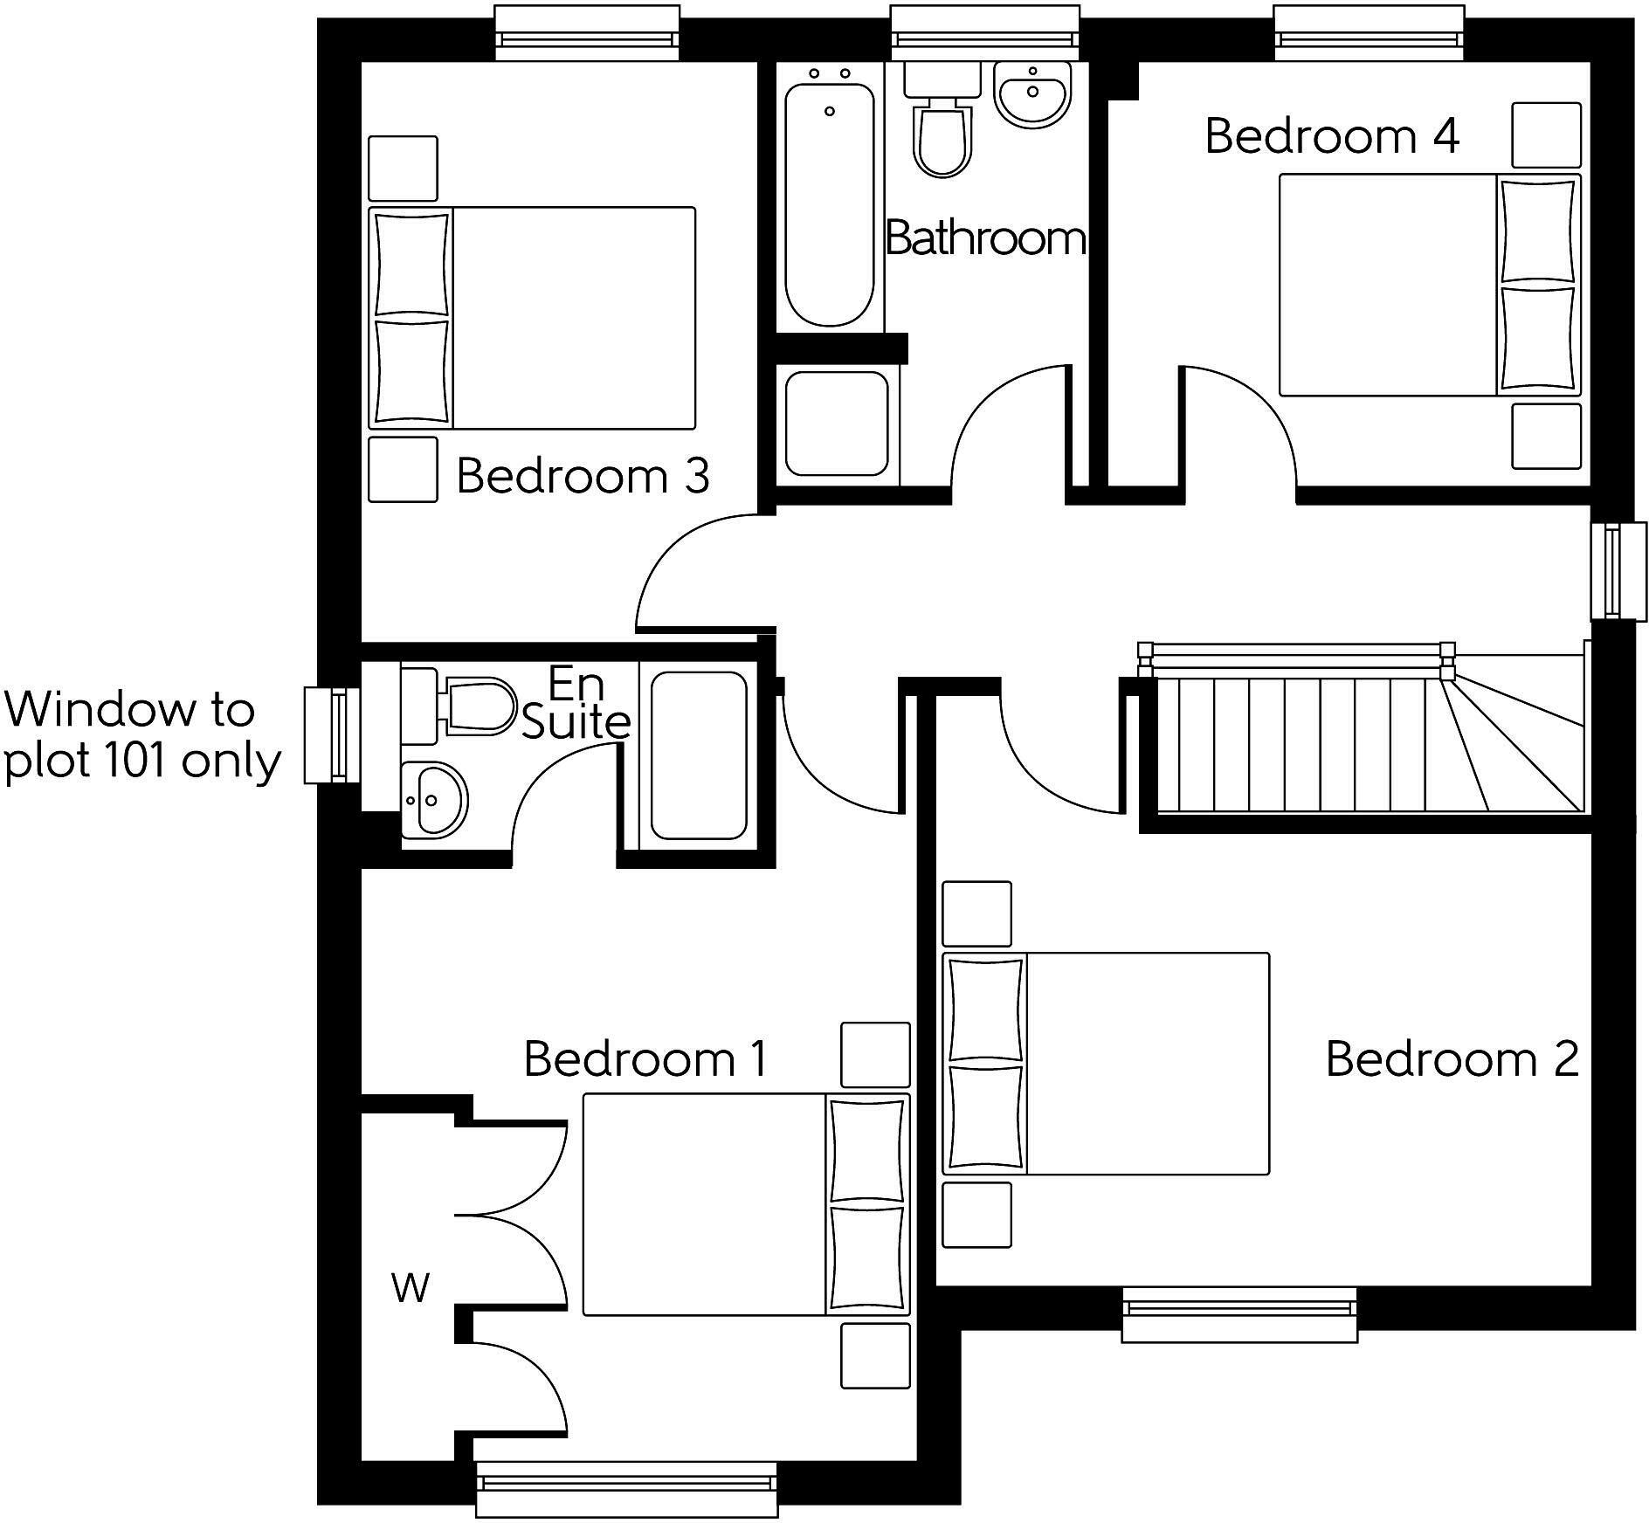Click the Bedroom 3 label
coord(583,476)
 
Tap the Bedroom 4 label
coord(1331,136)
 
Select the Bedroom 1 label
coord(645,1058)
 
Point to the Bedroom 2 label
coord(1452,1058)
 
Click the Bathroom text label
coord(985,238)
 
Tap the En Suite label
coord(576,703)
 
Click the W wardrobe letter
coord(411,1287)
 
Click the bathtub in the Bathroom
coord(829,205)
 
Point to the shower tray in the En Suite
coord(699,755)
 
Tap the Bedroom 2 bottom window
coord(1239,1314)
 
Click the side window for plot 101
coord(333,734)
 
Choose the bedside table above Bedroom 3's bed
coord(403,169)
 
